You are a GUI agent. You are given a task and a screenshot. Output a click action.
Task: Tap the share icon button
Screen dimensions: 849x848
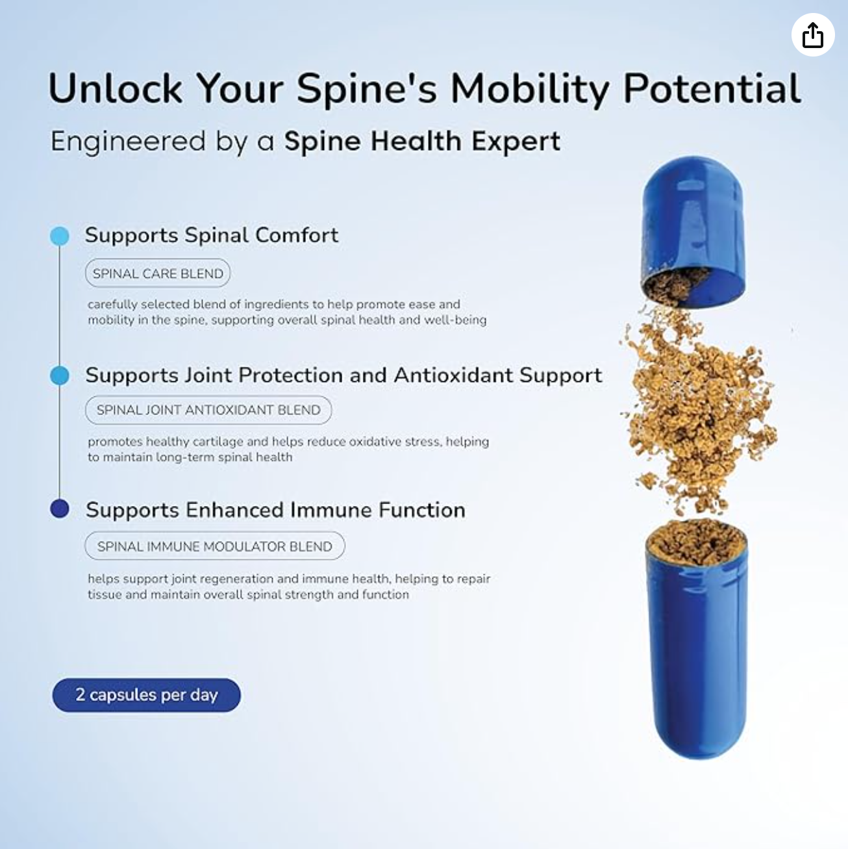(x=812, y=35)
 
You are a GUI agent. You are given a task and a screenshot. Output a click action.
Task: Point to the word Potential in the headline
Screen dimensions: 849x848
(x=712, y=88)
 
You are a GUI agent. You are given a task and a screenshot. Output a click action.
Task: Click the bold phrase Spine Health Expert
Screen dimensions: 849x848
(x=422, y=141)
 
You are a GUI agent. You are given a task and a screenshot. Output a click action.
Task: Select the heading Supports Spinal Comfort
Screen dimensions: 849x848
(x=212, y=234)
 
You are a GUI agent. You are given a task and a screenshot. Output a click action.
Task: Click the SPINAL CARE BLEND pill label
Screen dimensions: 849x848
(x=158, y=273)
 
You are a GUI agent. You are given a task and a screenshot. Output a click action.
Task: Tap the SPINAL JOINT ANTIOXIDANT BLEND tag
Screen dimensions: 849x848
(x=208, y=410)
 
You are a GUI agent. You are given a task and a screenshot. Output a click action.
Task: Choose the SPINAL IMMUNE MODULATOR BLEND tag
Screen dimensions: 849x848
(x=214, y=546)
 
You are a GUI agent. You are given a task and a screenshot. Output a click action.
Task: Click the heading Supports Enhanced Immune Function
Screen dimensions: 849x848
(x=275, y=510)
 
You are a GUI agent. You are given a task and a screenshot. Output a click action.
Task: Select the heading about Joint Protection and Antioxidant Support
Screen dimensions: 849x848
(x=343, y=375)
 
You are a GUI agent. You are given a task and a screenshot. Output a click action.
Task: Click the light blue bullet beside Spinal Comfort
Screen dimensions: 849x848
(x=60, y=236)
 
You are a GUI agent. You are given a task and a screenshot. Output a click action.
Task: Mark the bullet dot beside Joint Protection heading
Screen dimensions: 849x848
(x=60, y=375)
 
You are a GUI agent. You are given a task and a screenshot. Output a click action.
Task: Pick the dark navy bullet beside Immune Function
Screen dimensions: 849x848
(x=60, y=509)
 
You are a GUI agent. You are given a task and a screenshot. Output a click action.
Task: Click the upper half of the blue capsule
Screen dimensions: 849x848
(x=693, y=221)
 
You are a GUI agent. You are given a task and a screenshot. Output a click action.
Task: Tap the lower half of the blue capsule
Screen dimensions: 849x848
(x=697, y=650)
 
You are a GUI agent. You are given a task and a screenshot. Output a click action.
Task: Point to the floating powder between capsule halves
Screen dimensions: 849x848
(x=698, y=409)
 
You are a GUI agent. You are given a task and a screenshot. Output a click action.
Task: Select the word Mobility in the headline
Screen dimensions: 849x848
(x=530, y=88)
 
